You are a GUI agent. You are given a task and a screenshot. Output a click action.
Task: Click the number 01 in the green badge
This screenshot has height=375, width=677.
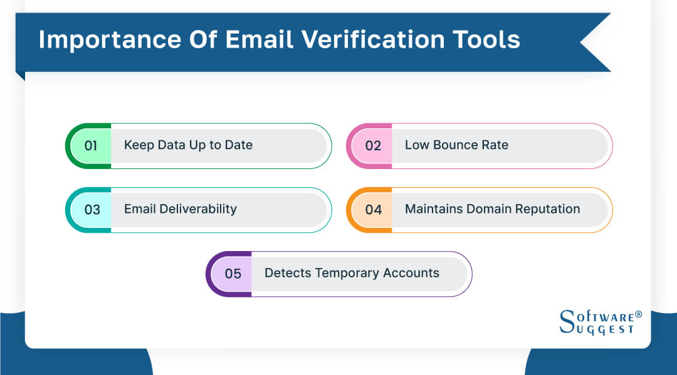91,145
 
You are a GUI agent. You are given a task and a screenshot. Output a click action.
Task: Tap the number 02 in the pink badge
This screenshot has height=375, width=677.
373,145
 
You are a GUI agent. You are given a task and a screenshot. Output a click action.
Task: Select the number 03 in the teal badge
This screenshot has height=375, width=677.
92,209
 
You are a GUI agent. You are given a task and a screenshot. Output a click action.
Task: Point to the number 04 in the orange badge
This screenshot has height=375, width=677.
373,209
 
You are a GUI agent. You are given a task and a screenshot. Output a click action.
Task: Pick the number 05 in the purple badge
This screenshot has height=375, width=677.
233,274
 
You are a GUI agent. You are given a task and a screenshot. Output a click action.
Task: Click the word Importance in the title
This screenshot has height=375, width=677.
108,39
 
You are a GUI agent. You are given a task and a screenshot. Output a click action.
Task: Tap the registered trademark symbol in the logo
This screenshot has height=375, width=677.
638,314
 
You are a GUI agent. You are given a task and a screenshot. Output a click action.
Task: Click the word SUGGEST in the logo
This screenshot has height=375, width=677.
604,329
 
